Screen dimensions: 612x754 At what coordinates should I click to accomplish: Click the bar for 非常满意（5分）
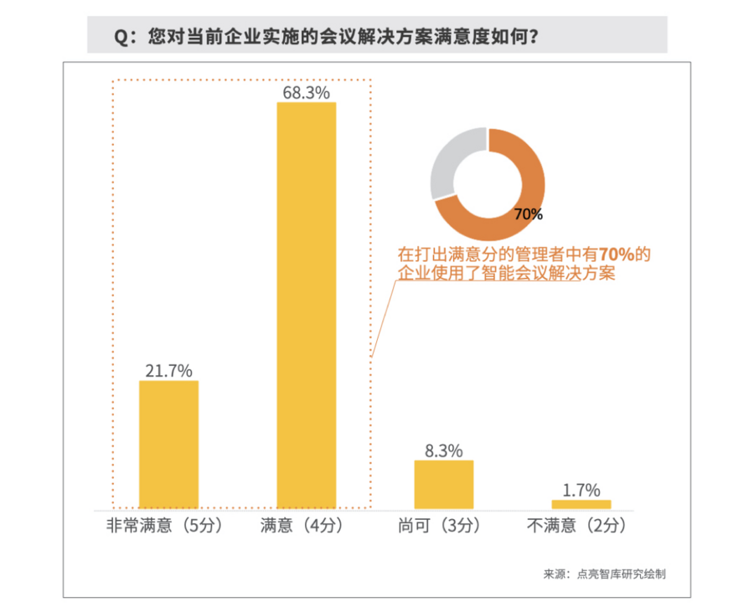[x=168, y=445]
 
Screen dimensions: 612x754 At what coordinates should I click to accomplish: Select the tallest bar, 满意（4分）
[x=307, y=306]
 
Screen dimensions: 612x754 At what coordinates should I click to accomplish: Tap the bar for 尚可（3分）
[x=444, y=484]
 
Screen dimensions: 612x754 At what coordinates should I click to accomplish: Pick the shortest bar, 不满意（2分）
[x=581, y=504]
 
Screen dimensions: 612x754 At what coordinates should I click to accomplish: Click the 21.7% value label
[x=168, y=370]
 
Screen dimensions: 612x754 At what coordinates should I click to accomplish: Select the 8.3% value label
[x=444, y=450]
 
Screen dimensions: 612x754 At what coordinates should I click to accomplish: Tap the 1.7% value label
[x=581, y=491]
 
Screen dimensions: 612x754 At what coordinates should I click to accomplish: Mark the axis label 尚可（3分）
[x=441, y=527]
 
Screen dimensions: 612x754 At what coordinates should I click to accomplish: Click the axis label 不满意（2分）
[x=577, y=527]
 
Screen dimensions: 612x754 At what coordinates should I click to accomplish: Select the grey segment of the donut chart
[x=452, y=163]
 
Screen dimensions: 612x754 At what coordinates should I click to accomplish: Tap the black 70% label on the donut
[x=528, y=215]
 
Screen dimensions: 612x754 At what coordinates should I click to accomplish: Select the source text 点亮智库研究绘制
[x=621, y=574]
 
